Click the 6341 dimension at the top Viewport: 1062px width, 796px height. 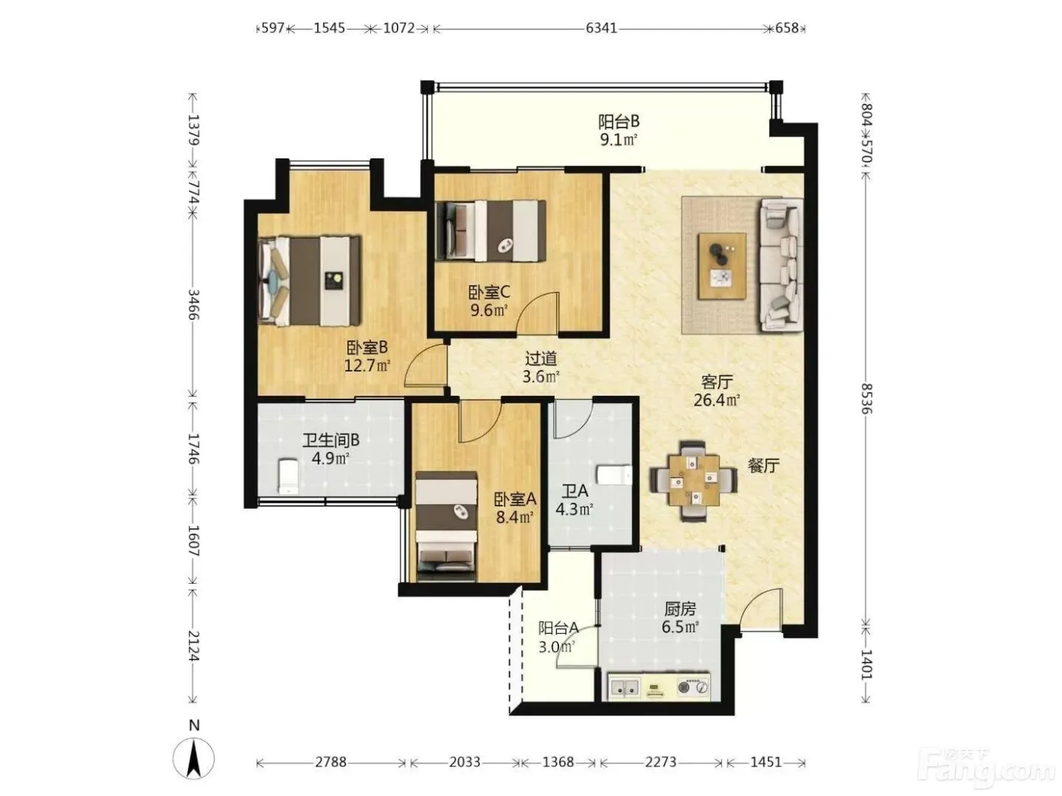pyautogui.click(x=601, y=29)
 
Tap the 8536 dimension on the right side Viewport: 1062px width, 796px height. pyautogui.click(x=866, y=399)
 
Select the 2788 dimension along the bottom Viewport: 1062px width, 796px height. pyautogui.click(x=331, y=762)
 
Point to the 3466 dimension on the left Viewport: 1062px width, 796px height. pyautogui.click(x=193, y=305)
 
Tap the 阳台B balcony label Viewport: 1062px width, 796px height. pyautogui.click(x=618, y=121)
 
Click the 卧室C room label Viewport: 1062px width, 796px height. pyautogui.click(x=489, y=292)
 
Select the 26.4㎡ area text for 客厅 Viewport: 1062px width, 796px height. pyautogui.click(x=717, y=400)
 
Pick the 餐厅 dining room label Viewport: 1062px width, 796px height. pyautogui.click(x=763, y=466)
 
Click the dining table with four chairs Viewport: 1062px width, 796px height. pyautogui.click(x=694, y=481)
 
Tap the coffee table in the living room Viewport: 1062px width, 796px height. pyautogui.click(x=721, y=266)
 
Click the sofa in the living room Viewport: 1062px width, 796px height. pyautogui.click(x=781, y=265)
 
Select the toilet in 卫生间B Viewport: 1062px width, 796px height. pyautogui.click(x=287, y=477)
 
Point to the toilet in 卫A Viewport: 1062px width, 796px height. pyautogui.click(x=614, y=475)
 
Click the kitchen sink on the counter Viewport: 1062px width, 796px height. pyautogui.click(x=624, y=688)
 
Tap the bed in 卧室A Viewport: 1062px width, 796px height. pyautogui.click(x=446, y=526)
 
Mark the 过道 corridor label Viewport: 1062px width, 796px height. pyautogui.click(x=541, y=359)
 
